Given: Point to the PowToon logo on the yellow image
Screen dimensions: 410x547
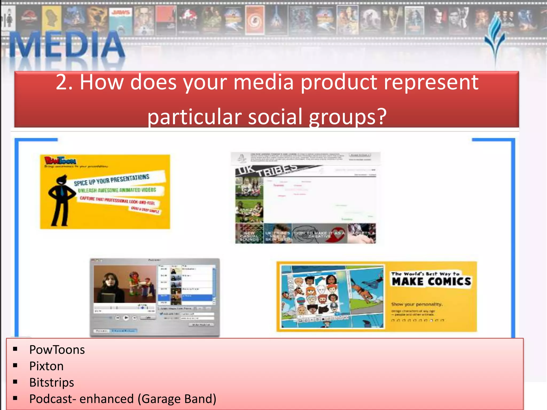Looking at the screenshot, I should [x=60, y=160].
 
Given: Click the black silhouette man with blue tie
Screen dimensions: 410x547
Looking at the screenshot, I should [x=61, y=200].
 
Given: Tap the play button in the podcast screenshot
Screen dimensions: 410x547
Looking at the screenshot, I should [x=126, y=318].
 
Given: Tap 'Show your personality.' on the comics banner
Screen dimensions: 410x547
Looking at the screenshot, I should [x=417, y=304].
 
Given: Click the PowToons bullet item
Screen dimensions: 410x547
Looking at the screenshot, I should [x=57, y=350].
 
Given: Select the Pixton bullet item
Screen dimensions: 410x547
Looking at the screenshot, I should [x=46, y=366].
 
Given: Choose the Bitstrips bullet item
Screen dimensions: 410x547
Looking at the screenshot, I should [x=52, y=382].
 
